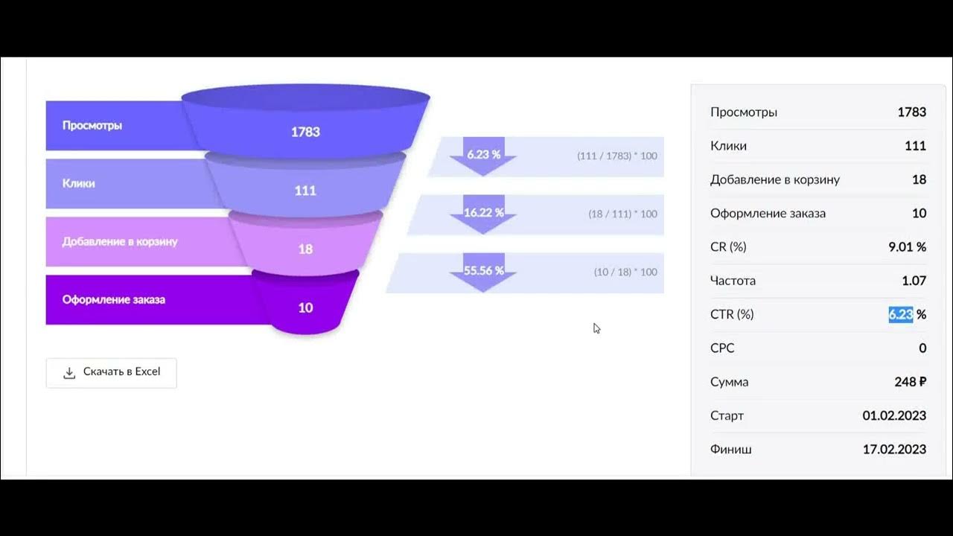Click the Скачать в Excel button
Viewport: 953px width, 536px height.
112,372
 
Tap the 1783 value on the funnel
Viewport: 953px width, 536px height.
305,132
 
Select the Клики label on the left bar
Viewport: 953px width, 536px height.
79,183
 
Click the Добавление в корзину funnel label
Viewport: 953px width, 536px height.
120,241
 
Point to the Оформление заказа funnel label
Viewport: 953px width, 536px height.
114,299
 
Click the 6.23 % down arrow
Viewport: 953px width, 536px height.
483,156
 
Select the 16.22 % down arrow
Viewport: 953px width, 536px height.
483,214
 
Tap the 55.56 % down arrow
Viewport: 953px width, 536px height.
483,272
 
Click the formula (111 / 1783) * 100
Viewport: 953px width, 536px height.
616,156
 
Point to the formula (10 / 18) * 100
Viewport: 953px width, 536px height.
625,272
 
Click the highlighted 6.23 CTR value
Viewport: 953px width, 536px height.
901,314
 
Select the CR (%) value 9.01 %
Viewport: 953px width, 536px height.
907,246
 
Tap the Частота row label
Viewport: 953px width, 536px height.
733,281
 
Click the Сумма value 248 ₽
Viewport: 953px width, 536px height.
910,382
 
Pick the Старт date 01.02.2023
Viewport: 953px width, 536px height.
894,415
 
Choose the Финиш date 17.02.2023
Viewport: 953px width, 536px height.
894,450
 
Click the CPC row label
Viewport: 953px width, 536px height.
722,348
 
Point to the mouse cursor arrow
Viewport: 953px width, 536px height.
596,328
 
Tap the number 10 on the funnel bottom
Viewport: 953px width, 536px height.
305,307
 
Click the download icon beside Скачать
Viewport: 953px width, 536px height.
69,373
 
